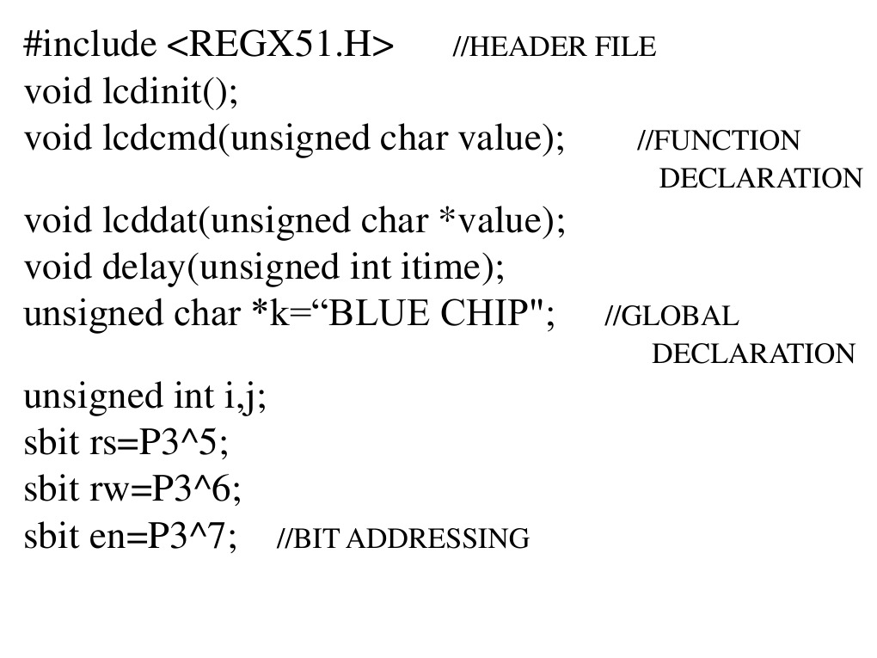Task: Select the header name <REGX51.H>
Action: (279, 44)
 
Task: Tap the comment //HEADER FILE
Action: (554, 46)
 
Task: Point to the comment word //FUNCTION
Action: (719, 140)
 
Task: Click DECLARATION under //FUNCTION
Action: (760, 179)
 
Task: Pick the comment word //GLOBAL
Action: (672, 317)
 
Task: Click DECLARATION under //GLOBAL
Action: (754, 354)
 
